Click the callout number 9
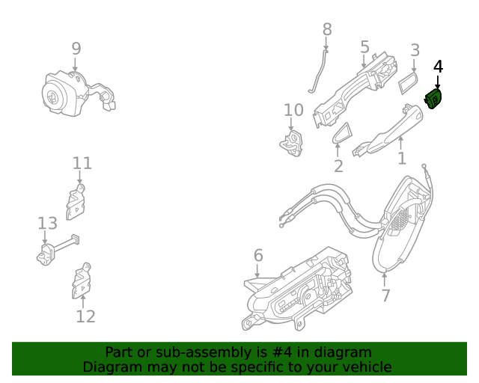(x=76, y=49)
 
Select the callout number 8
(x=327, y=29)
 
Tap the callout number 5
(x=364, y=47)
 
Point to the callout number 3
(x=415, y=51)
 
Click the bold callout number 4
(x=438, y=66)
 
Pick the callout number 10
(x=293, y=110)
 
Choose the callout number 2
(x=338, y=166)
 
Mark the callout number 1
(x=402, y=158)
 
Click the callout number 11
(x=82, y=163)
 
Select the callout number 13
(x=47, y=223)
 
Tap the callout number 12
(x=86, y=316)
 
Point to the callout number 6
(x=258, y=256)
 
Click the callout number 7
(x=385, y=295)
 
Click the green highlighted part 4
(x=434, y=98)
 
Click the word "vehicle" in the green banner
(x=363, y=367)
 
